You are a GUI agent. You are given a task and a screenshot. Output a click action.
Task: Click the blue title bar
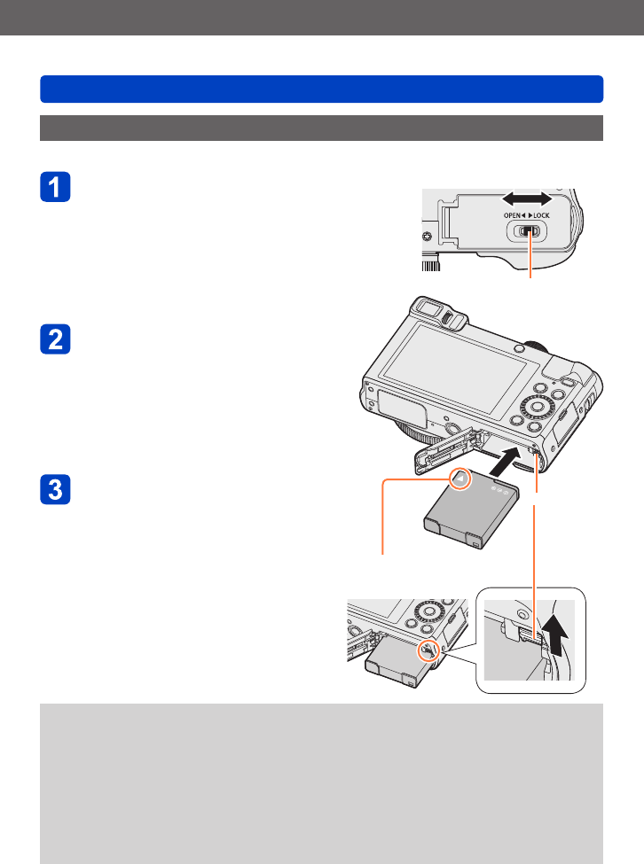coord(322,90)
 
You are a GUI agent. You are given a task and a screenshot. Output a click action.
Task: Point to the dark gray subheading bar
coord(322,128)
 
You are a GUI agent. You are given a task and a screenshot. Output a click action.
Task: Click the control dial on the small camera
coord(428,612)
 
